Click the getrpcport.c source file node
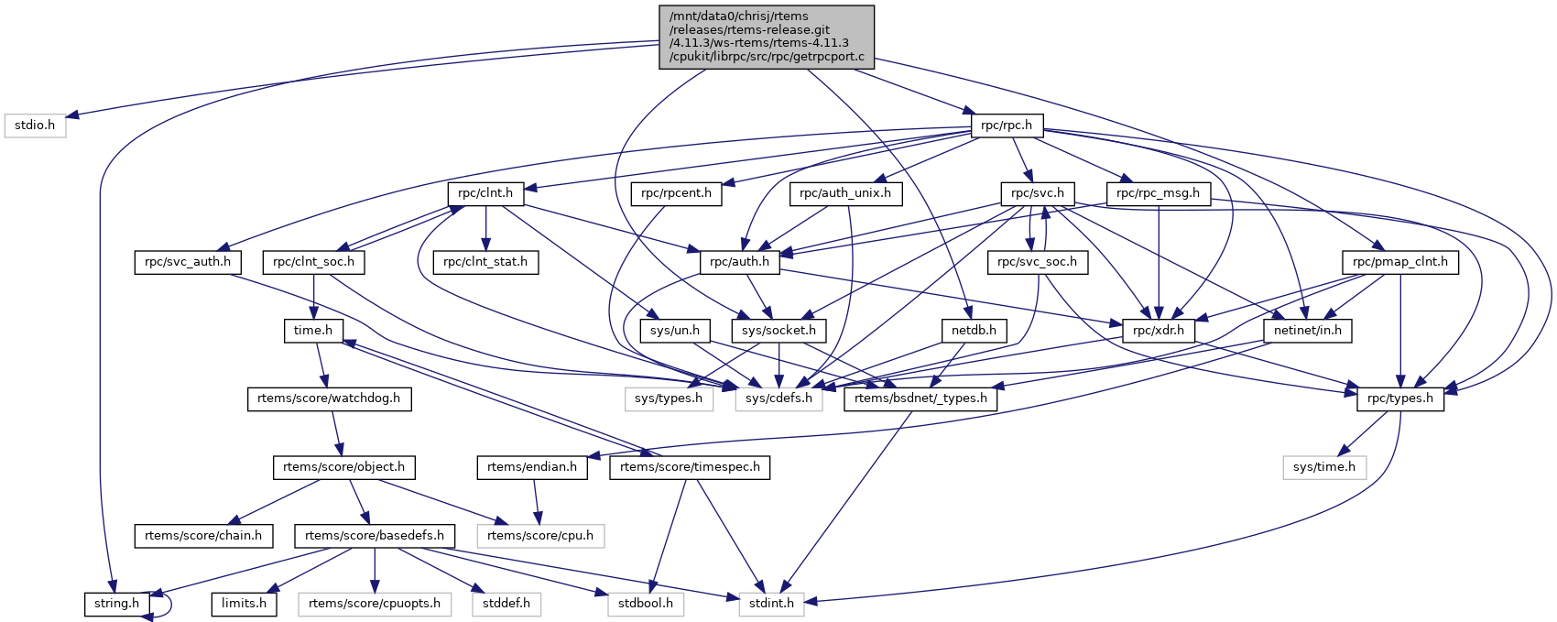tap(766, 37)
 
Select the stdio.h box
tap(36, 125)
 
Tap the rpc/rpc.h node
tap(1006, 125)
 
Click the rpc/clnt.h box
tap(485, 193)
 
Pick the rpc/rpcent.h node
tap(677, 193)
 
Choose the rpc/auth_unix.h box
tap(845, 193)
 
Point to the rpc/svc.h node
tap(1038, 193)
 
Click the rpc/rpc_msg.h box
tap(1158, 193)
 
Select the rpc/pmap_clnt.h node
tap(1400, 262)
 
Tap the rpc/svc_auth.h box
tap(188, 262)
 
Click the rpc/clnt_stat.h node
tap(485, 262)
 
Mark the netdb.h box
tap(974, 330)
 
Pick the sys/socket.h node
tap(779, 330)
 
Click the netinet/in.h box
tap(1308, 330)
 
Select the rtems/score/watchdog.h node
tap(329, 398)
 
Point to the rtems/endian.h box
tap(532, 467)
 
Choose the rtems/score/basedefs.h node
tap(375, 535)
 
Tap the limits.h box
tap(245, 604)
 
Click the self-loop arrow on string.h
tap(168, 603)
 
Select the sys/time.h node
tap(1324, 467)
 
